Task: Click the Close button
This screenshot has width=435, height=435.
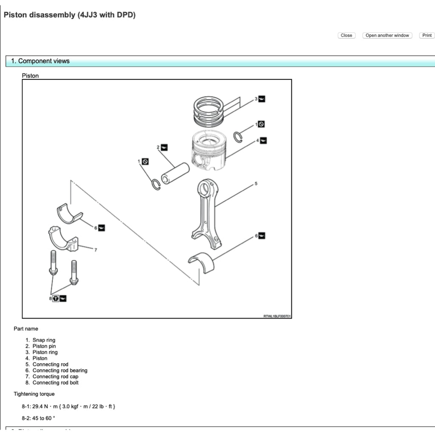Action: pyautogui.click(x=346, y=35)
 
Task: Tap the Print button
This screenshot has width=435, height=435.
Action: pyautogui.click(x=427, y=35)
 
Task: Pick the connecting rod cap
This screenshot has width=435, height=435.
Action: pyautogui.click(x=63, y=239)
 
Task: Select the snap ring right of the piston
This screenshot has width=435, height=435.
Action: pyautogui.click(x=238, y=137)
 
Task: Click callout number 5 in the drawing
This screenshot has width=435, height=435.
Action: pyautogui.click(x=256, y=184)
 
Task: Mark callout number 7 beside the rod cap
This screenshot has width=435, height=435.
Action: pyautogui.click(x=95, y=249)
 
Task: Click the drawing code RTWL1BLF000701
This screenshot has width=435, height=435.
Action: pyautogui.click(x=277, y=316)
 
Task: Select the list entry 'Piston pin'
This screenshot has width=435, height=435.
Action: pyautogui.click(x=44, y=346)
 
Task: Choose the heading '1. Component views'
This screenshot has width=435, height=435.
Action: pyautogui.click(x=40, y=61)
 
